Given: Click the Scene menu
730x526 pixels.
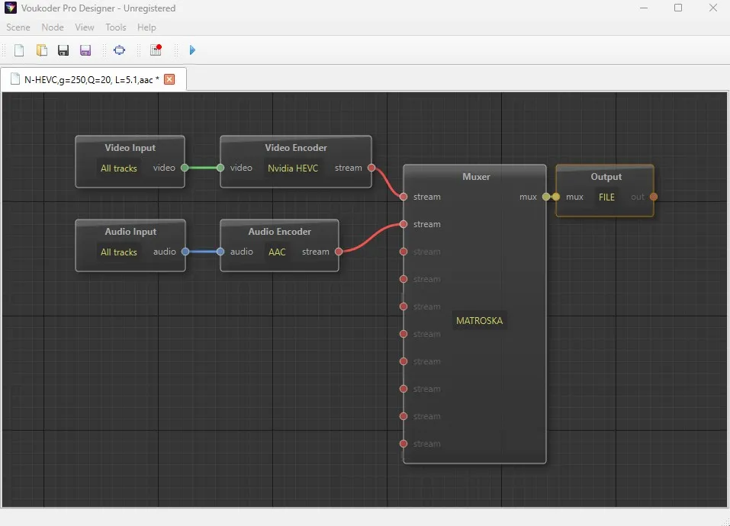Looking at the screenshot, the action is pyautogui.click(x=18, y=27).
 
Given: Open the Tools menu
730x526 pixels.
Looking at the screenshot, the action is pyautogui.click(x=115, y=27).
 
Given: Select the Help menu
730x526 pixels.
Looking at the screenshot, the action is pyautogui.click(x=146, y=27).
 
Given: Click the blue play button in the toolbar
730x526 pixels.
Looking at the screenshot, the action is pyautogui.click(x=192, y=50).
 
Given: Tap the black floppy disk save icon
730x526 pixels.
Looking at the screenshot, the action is pyautogui.click(x=63, y=50).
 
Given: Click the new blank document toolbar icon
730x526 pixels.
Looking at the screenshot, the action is pyautogui.click(x=19, y=50).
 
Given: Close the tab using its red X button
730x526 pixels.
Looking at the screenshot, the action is pyautogui.click(x=169, y=79).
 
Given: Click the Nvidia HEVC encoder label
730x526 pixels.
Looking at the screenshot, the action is pyautogui.click(x=293, y=168).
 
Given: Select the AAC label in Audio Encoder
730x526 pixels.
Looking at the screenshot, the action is pyautogui.click(x=277, y=252).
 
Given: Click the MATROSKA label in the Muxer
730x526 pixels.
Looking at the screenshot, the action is pyautogui.click(x=480, y=320).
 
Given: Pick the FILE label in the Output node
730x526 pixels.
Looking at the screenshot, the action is pyautogui.click(x=606, y=197).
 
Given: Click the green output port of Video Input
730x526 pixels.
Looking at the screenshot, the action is pyautogui.click(x=185, y=168).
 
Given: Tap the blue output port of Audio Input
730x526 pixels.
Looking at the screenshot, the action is pyautogui.click(x=185, y=252).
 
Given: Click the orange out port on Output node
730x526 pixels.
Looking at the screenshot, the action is pyautogui.click(x=654, y=197).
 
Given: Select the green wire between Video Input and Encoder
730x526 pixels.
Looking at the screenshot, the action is pyautogui.click(x=202, y=168).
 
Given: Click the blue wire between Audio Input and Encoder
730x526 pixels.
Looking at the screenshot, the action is pyautogui.click(x=203, y=252).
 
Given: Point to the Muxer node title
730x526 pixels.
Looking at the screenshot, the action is pyautogui.click(x=476, y=177).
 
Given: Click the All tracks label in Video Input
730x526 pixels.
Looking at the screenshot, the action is pyautogui.click(x=119, y=168).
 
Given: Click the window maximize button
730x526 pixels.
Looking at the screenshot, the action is pyautogui.click(x=678, y=8).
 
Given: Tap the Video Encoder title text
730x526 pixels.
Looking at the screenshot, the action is pyautogui.click(x=296, y=148).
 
